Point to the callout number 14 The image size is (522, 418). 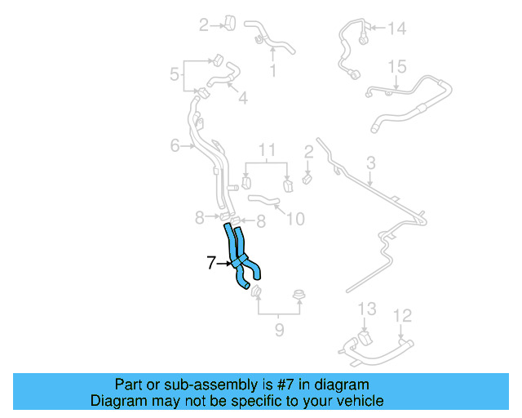pos(396,29)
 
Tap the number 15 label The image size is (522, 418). pos(396,66)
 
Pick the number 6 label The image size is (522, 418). pos(175,146)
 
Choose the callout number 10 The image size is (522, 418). pos(295,219)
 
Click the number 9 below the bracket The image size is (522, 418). pos(279,331)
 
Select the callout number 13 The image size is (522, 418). pos(367,309)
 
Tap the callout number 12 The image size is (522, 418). pos(402,314)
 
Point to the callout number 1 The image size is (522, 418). pos(272,71)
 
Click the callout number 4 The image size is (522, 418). pos(242,98)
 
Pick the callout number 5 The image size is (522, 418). pos(175,76)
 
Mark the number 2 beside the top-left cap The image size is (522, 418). pos(204,25)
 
